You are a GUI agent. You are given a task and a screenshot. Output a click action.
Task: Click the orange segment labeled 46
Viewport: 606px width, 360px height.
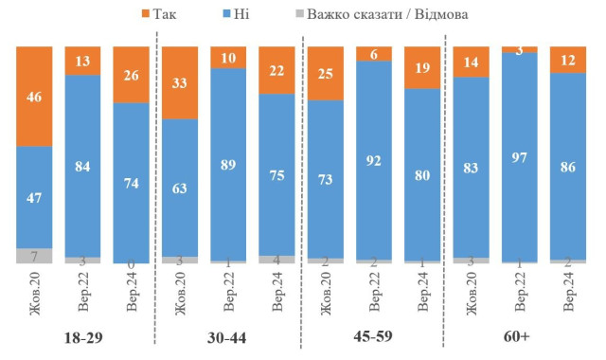click(34, 96)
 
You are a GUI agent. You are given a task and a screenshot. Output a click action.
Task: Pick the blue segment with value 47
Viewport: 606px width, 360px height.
click(34, 197)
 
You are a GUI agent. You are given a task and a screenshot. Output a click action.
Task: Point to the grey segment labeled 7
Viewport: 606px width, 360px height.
click(34, 256)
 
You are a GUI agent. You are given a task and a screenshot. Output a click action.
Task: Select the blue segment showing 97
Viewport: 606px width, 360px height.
click(520, 156)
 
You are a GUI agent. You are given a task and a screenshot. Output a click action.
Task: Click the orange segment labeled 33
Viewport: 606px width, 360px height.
click(180, 82)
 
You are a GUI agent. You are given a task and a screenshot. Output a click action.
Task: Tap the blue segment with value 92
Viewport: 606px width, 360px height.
click(374, 159)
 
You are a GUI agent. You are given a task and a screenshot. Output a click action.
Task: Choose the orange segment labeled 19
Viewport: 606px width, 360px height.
click(421, 67)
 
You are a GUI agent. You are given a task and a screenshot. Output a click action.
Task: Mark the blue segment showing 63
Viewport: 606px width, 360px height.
click(180, 187)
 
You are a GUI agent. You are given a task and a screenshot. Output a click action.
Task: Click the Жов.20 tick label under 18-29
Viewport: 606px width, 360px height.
click(35, 290)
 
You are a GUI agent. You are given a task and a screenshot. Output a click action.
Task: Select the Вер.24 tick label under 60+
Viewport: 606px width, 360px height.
click(568, 290)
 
